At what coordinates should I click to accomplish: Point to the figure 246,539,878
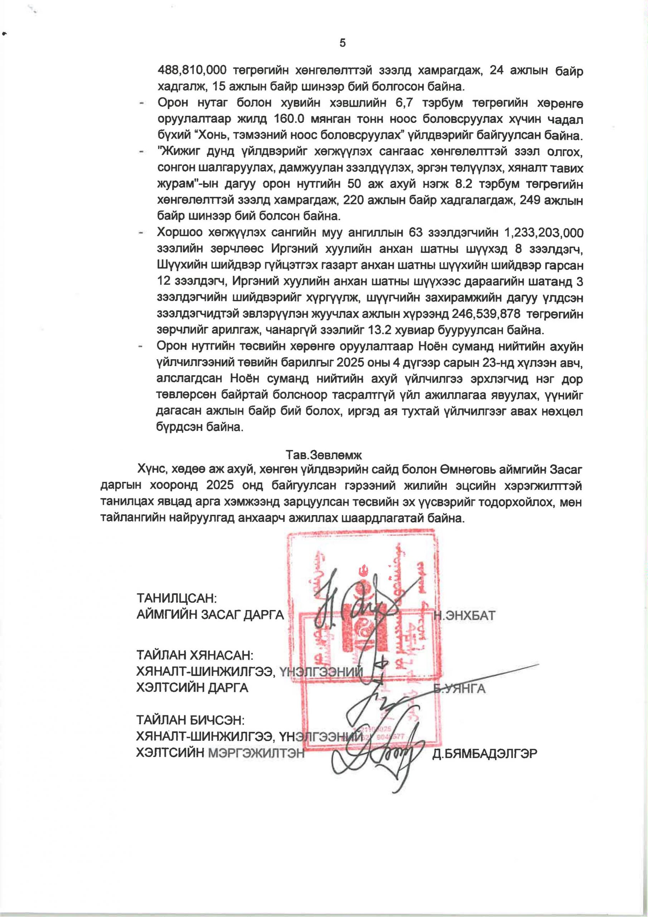(x=486, y=314)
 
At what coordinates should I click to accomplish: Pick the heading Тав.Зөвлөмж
(x=323, y=455)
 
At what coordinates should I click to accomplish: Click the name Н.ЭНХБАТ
(x=465, y=615)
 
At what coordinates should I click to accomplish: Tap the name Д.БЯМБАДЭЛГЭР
(x=485, y=753)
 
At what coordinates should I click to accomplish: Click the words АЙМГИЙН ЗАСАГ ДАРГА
(x=210, y=615)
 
